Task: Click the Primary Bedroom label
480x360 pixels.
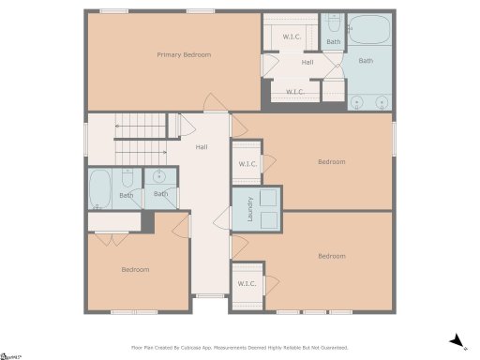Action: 183,55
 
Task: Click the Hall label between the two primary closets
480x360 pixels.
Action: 307,63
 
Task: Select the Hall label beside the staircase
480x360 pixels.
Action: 202,147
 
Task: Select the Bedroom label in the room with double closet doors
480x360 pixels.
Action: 135,270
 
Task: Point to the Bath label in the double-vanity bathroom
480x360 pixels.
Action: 365,61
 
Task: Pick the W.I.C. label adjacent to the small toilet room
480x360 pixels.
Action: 292,36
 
